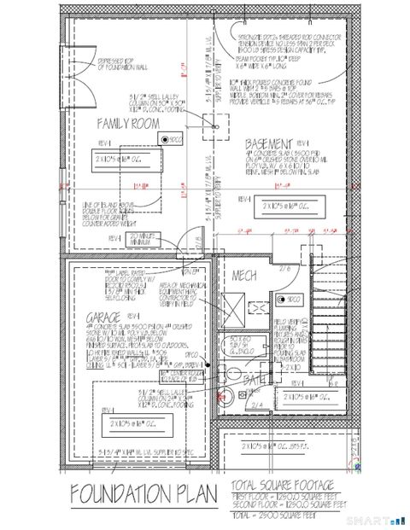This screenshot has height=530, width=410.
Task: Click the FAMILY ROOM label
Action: pos(128,125)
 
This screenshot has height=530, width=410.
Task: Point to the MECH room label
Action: pos(246,277)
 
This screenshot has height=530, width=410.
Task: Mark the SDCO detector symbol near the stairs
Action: pos(283,300)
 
